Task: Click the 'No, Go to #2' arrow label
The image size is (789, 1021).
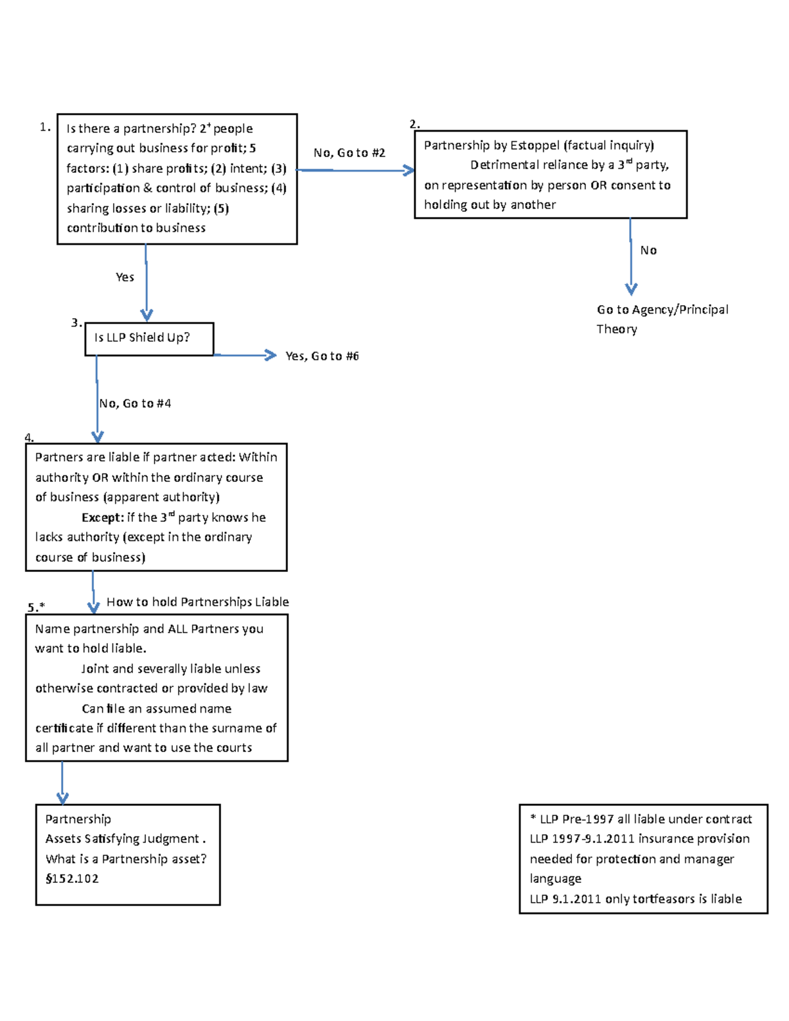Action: (349, 153)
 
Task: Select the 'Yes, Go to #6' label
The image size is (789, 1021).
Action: (322, 356)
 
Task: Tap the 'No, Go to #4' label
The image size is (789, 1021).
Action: (135, 404)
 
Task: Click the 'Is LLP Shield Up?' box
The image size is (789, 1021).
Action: (149, 339)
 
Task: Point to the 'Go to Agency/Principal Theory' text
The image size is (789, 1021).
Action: (661, 319)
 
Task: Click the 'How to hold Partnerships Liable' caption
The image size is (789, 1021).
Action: (197, 602)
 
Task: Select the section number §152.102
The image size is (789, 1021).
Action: (72, 879)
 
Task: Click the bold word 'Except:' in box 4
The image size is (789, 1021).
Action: (103, 518)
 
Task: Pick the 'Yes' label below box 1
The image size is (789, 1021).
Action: (125, 277)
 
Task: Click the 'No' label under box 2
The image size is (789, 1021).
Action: (648, 250)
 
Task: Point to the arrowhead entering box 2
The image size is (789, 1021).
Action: (409, 171)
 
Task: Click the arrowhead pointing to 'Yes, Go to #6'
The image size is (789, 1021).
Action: (270, 355)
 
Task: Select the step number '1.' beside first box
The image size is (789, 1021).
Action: (45, 128)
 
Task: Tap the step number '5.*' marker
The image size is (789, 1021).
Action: (36, 607)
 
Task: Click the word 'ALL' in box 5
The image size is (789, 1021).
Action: (178, 629)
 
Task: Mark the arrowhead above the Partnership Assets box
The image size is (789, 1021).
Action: (62, 798)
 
